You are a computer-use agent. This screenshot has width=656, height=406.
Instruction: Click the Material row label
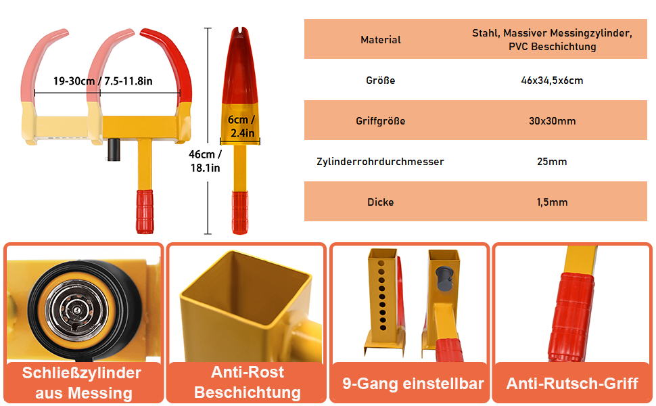(x=381, y=40)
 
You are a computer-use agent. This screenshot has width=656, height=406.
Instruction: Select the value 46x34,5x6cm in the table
(x=552, y=81)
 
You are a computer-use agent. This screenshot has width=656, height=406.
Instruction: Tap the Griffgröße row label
(x=381, y=121)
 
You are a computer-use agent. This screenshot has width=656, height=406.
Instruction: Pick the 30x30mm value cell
(x=552, y=121)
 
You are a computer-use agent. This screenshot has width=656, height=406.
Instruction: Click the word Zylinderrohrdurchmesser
(x=380, y=162)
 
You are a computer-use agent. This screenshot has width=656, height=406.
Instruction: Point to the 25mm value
(x=552, y=162)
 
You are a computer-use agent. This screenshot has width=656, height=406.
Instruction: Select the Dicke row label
(x=381, y=202)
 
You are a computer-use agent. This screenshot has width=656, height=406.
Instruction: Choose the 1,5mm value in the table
(x=552, y=202)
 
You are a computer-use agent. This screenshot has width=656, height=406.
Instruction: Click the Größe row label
(x=381, y=81)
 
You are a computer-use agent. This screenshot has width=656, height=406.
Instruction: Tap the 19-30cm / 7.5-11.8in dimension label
(x=103, y=81)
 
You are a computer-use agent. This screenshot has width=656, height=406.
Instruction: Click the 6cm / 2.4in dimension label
(x=241, y=127)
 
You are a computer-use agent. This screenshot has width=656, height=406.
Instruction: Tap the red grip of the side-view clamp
(x=239, y=212)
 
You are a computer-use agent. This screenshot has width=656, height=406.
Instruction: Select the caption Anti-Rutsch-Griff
(x=572, y=384)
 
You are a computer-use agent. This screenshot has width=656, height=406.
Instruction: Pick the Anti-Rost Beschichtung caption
(x=247, y=382)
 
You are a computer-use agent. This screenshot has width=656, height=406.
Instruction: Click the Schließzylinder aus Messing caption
(x=83, y=383)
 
